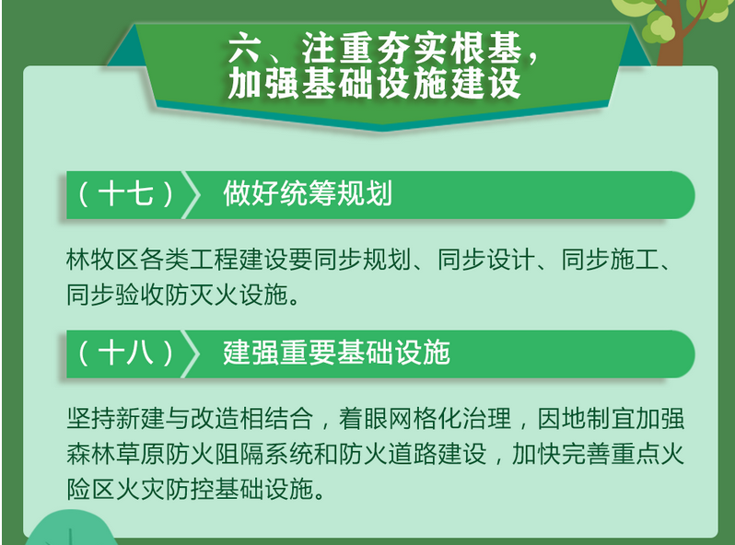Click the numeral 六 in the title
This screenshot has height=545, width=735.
click(244, 47)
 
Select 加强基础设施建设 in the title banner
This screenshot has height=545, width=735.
click(375, 83)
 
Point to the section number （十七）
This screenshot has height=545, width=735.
click(125, 194)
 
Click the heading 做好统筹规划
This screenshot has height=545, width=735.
click(308, 193)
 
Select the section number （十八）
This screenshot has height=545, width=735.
click(125, 353)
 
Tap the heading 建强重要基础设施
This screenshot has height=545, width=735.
click(336, 353)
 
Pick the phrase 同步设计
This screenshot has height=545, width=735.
click(486, 260)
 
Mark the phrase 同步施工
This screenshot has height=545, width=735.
click(611, 260)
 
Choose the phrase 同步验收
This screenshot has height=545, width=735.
click(115, 296)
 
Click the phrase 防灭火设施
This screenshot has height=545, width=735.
click(226, 296)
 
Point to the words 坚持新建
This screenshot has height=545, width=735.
click(115, 418)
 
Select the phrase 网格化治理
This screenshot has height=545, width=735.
click(449, 418)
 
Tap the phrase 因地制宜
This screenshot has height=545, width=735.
click(586, 418)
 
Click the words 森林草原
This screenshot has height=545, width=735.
click(115, 454)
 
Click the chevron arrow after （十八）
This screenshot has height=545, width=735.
click(192, 354)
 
